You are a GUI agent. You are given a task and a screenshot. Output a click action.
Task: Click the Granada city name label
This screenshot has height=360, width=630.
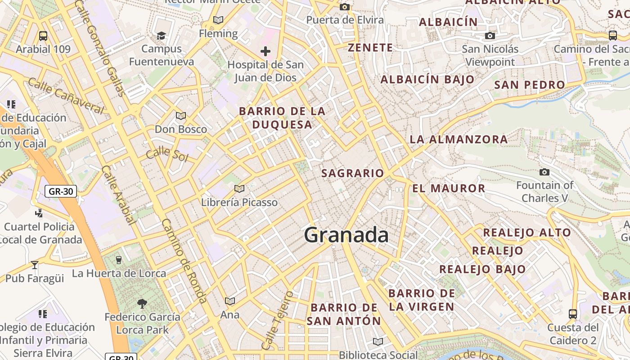[346, 235]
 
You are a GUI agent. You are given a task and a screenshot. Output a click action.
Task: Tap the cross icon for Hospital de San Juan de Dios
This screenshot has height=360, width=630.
[265, 51]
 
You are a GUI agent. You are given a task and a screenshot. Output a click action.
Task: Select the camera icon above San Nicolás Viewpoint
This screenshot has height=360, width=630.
[490, 36]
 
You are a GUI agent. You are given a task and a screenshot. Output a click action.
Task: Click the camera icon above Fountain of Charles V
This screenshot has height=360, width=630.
[544, 172]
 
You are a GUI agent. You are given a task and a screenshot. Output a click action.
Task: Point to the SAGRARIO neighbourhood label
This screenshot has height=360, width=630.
[353, 173]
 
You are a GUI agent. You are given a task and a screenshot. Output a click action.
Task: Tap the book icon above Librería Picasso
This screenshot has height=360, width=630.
[239, 189]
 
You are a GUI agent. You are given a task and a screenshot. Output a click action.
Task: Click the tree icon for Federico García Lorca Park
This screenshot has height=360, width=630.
[142, 304]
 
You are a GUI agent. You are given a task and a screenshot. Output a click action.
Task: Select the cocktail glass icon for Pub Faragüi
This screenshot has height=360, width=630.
[35, 265]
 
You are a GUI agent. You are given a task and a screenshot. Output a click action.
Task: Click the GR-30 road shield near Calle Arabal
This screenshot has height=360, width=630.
[61, 191]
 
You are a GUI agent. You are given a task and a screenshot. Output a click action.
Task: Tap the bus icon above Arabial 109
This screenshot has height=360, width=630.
[43, 36]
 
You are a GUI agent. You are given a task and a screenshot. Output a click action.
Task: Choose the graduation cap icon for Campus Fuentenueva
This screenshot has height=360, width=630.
[161, 36]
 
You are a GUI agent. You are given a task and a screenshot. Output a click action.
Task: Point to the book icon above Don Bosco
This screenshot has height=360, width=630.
[181, 116]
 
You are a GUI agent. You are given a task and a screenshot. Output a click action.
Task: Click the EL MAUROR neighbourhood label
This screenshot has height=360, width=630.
[449, 188]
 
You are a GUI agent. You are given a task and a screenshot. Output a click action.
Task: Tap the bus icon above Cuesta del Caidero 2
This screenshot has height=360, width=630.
[573, 314]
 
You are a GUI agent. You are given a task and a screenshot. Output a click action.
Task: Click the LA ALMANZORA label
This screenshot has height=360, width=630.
[459, 139]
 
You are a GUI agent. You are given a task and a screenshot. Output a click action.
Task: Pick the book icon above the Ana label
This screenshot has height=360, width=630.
[230, 301]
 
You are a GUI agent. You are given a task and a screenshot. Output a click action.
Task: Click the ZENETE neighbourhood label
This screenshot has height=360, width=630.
[370, 48]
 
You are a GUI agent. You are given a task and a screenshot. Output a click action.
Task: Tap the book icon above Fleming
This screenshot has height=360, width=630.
[218, 20]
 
